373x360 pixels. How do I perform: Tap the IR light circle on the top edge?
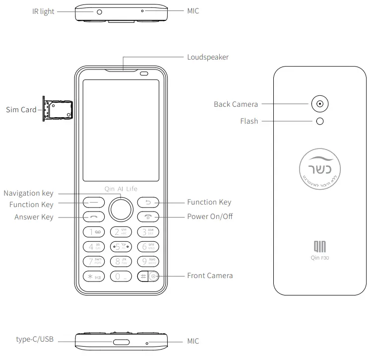point(99,11)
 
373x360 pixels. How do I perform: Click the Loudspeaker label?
point(208,57)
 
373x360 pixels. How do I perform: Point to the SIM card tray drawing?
point(58,109)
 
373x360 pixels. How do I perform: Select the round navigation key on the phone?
point(121,209)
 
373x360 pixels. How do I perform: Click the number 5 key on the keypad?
point(121,246)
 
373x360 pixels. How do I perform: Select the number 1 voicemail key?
point(93,231)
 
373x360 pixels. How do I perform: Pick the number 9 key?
point(148,261)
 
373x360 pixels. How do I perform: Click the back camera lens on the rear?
point(320,104)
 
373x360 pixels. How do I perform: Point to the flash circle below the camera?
point(320,121)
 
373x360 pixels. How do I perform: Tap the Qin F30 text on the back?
point(320,258)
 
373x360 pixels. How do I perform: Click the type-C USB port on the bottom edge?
point(121,342)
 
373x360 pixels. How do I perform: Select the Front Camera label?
point(210,276)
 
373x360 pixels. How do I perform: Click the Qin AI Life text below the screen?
point(121,189)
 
